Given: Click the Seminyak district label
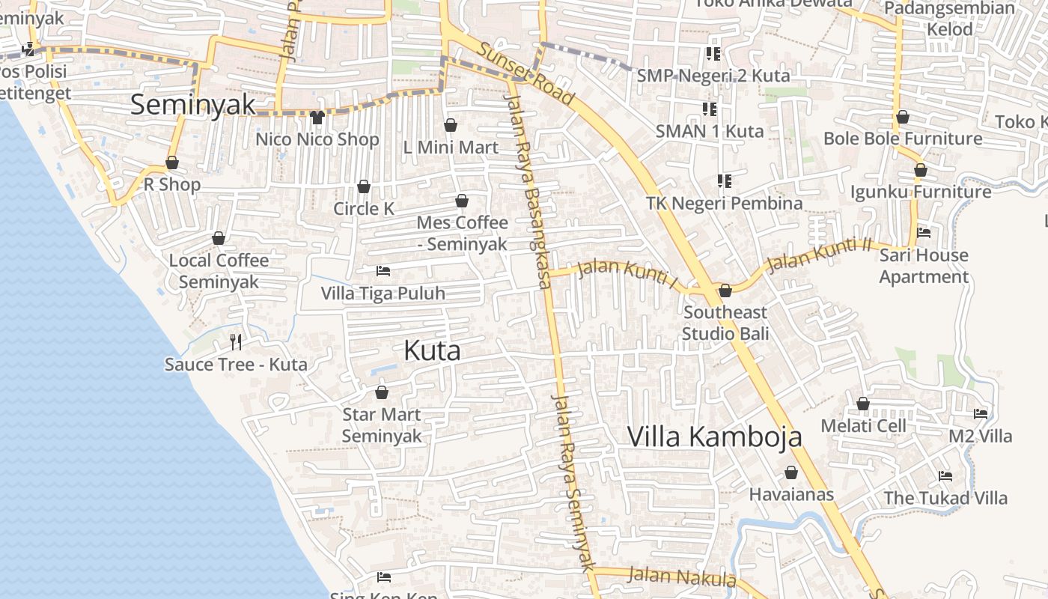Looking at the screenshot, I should pyautogui.click(x=193, y=104).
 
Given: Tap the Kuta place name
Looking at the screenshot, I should pyautogui.click(x=432, y=350).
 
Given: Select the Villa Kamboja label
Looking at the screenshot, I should pyautogui.click(x=714, y=436).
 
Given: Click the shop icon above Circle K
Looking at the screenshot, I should pyautogui.click(x=364, y=186).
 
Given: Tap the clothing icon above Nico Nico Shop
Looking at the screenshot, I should pyautogui.click(x=317, y=118).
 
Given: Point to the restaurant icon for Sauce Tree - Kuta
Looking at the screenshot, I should pyautogui.click(x=236, y=342).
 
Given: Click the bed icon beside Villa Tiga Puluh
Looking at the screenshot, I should pyautogui.click(x=383, y=270).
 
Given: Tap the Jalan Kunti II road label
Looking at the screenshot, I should pyautogui.click(x=820, y=255).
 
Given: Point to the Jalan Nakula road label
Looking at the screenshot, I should pyautogui.click(x=681, y=577).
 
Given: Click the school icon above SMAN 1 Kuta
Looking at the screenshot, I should pyautogui.click(x=710, y=109).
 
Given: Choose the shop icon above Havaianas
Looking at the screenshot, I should pyautogui.click(x=791, y=473).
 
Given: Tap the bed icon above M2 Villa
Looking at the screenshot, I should pyautogui.click(x=981, y=413).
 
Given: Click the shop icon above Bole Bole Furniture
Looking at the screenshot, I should pyautogui.click(x=903, y=118).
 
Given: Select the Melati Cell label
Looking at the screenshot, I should pyautogui.click(x=863, y=425).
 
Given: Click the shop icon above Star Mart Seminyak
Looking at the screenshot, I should pyautogui.click(x=382, y=392).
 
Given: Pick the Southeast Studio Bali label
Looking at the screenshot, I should pyautogui.click(x=725, y=323).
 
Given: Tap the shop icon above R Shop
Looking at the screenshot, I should pyautogui.click(x=172, y=162).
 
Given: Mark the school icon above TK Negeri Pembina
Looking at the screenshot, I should pyautogui.click(x=724, y=180).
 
